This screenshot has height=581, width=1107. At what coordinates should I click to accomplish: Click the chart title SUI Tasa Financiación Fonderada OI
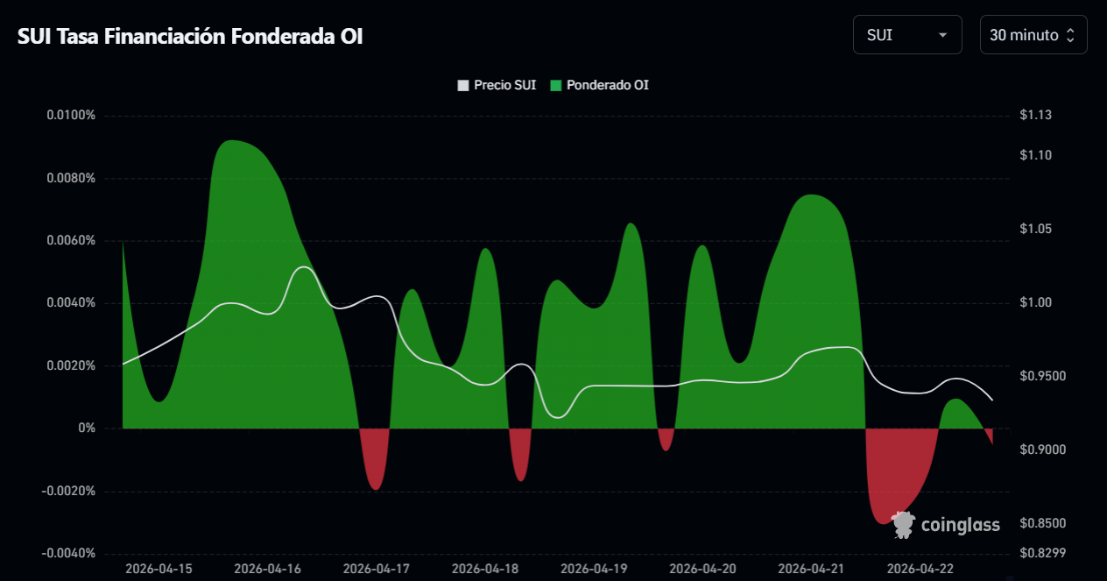(x=190, y=36)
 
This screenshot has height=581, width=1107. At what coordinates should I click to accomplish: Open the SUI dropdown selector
(x=906, y=35)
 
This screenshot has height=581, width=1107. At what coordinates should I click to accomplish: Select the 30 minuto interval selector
(x=1033, y=35)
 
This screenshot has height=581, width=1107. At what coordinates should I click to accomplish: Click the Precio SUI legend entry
(x=497, y=85)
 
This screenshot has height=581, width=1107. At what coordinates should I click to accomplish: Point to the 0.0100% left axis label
(x=71, y=116)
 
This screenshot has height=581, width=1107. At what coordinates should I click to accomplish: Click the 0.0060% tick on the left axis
(x=71, y=241)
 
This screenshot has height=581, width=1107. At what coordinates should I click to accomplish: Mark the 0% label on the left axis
(x=87, y=429)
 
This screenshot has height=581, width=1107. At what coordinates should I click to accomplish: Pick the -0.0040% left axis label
(x=69, y=553)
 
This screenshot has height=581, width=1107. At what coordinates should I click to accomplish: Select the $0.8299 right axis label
(x=1040, y=553)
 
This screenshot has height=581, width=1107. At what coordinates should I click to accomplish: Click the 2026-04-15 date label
(x=159, y=569)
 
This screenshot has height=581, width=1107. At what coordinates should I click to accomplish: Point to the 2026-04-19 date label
(x=594, y=569)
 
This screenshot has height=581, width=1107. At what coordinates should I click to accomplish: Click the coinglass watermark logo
(x=946, y=525)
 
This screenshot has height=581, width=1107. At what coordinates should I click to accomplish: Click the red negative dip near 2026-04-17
(x=376, y=464)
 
